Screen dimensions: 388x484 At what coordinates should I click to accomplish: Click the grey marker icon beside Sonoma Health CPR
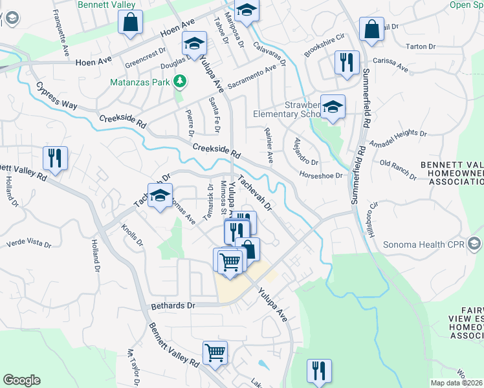[x=476, y=244]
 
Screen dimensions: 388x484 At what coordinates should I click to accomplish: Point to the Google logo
[x=21, y=380]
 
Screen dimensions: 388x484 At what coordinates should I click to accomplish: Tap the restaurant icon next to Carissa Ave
[x=347, y=63]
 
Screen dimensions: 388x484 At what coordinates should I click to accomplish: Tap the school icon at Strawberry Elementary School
[x=333, y=108]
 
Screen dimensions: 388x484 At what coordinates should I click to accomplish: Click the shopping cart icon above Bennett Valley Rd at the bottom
[x=215, y=353]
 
